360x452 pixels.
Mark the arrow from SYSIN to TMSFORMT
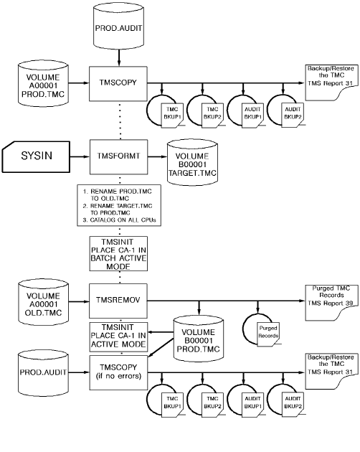77,154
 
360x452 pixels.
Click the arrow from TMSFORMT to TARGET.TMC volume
153,154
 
